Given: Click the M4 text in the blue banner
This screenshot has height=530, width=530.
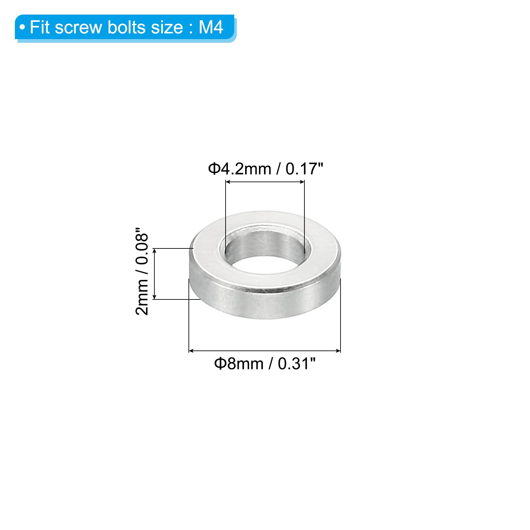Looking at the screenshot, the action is tap(211, 27).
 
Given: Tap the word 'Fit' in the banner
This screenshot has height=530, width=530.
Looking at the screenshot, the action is tap(40, 27).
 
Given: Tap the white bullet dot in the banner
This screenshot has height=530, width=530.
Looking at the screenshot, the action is tap(22, 27).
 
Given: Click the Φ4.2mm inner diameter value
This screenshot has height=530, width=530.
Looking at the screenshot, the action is tap(239, 169).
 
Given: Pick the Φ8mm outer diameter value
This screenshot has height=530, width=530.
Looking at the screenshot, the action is tap(238, 364).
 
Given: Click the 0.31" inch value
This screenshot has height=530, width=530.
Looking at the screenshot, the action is tap(296, 363).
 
